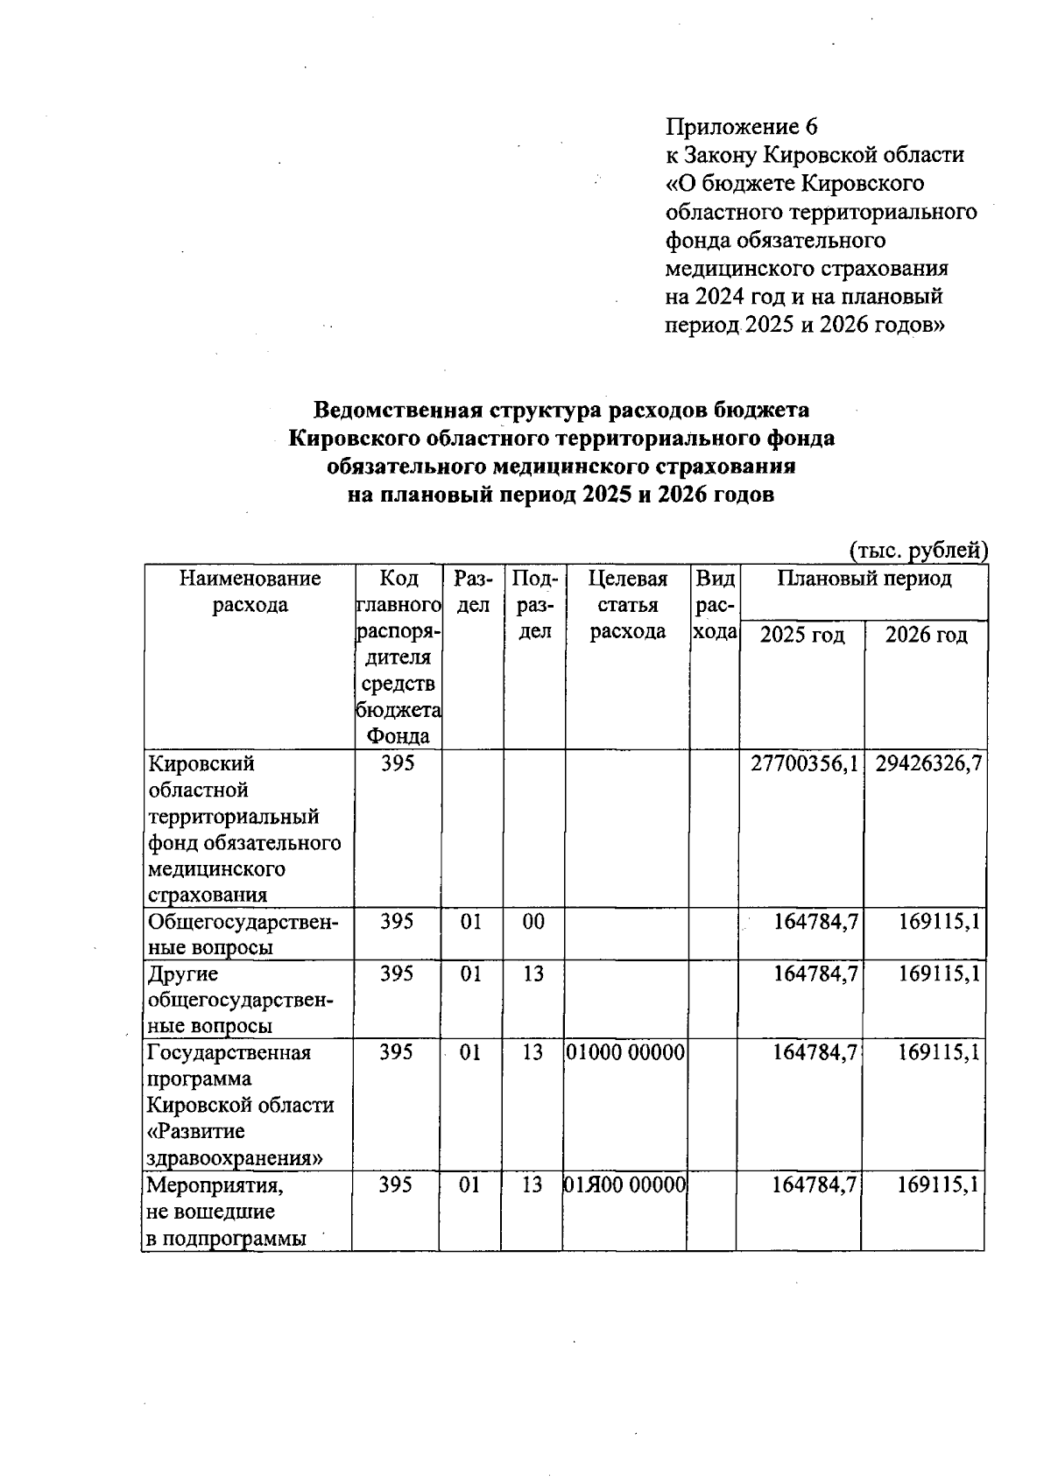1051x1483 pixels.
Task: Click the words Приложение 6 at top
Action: click(x=742, y=128)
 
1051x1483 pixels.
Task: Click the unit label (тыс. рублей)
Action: click(x=919, y=550)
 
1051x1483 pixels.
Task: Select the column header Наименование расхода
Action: click(x=250, y=592)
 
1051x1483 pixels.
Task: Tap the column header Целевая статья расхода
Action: click(x=627, y=605)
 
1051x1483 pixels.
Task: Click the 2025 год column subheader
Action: click(x=801, y=636)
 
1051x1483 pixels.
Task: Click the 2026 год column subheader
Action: click(x=926, y=636)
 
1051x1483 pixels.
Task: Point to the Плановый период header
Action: click(x=864, y=580)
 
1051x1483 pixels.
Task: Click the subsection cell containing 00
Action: click(x=533, y=921)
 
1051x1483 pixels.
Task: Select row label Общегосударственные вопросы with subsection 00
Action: click(x=243, y=934)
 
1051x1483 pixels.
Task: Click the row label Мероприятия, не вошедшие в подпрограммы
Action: click(x=226, y=1212)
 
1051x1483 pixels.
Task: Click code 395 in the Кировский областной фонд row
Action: click(x=397, y=763)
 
